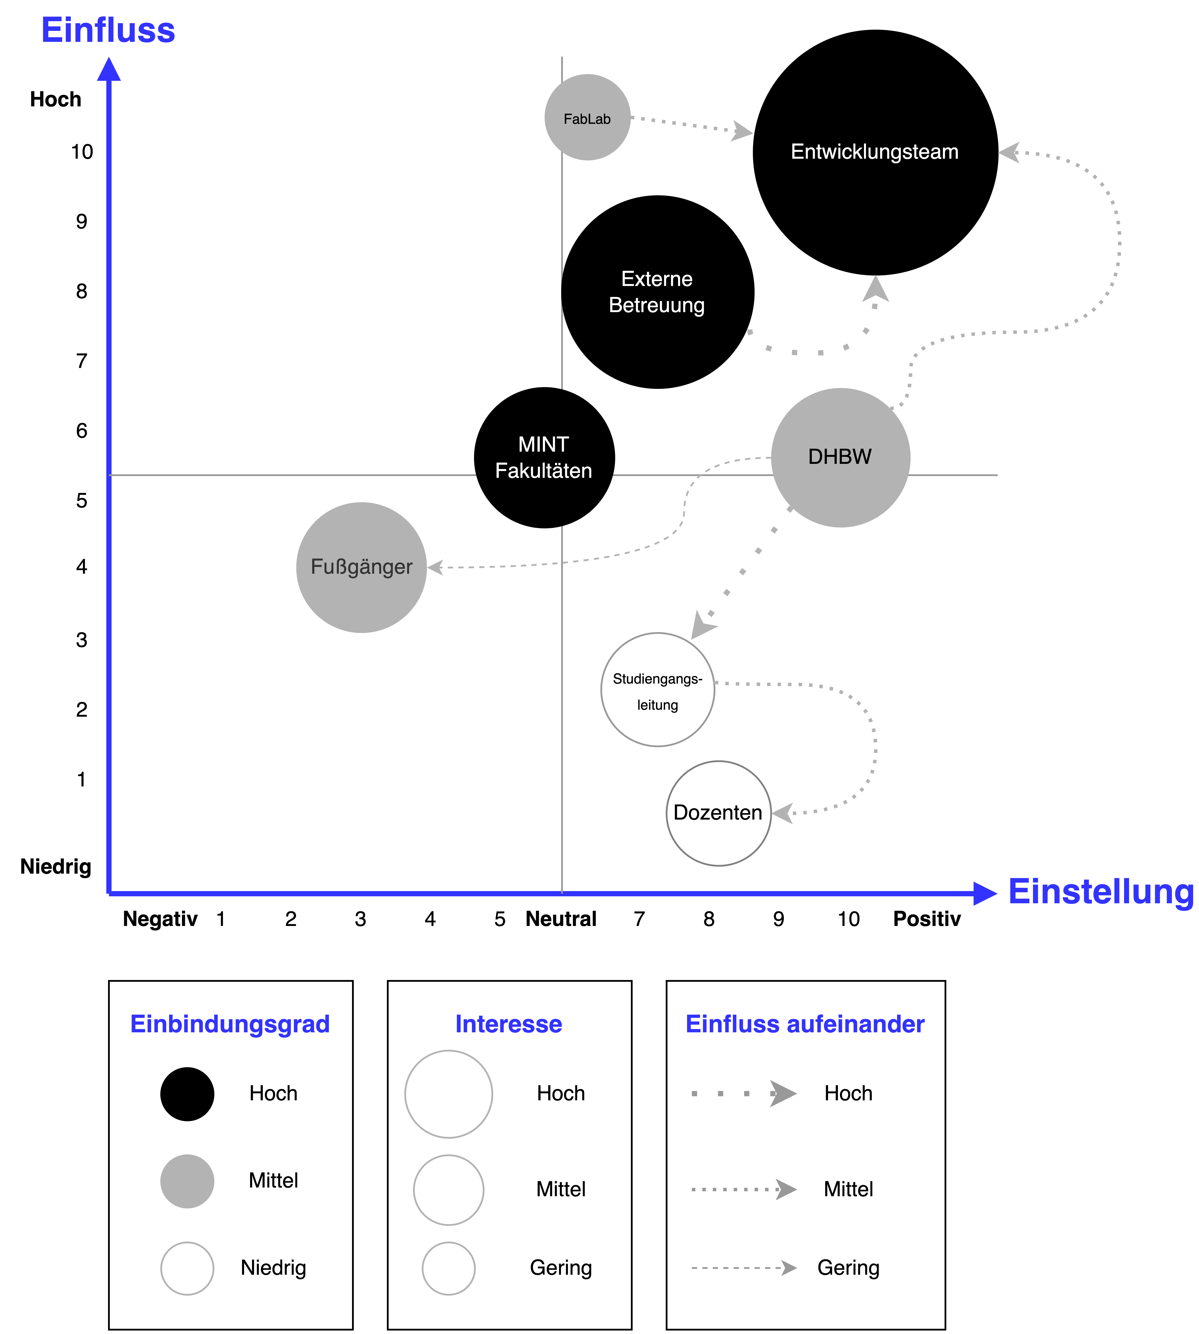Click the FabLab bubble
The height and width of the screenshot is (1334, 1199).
click(x=587, y=117)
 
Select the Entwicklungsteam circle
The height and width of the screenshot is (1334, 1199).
click(x=875, y=152)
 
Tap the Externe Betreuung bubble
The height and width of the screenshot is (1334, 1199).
click(x=657, y=292)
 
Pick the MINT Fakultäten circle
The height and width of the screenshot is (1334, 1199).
click(x=544, y=457)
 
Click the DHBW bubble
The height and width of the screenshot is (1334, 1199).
click(x=840, y=457)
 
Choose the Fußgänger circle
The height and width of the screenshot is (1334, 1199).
click(x=361, y=567)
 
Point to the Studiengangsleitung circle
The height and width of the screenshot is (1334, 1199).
click(x=657, y=689)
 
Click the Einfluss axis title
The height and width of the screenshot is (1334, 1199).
click(x=108, y=30)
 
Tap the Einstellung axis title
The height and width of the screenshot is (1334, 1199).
click(x=1100, y=892)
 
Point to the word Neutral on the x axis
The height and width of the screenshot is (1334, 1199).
click(x=561, y=919)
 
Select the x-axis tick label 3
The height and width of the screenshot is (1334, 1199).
click(x=360, y=919)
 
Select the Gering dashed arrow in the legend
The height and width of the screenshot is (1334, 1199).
click(x=743, y=1268)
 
